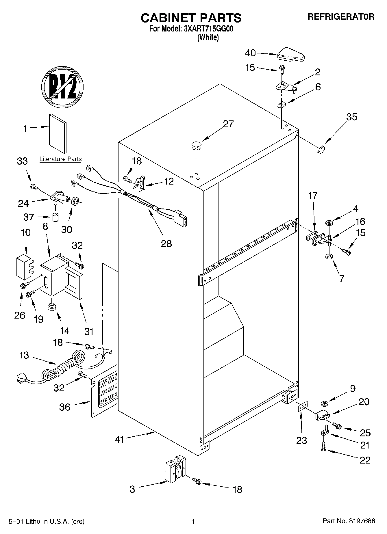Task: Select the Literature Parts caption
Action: click(60, 159)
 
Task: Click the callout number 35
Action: click(351, 117)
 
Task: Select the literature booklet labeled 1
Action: click(58, 133)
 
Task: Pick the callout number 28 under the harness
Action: click(166, 243)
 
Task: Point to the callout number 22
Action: click(365, 460)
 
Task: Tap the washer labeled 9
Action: click(324, 403)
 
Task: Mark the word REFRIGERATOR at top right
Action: click(341, 17)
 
